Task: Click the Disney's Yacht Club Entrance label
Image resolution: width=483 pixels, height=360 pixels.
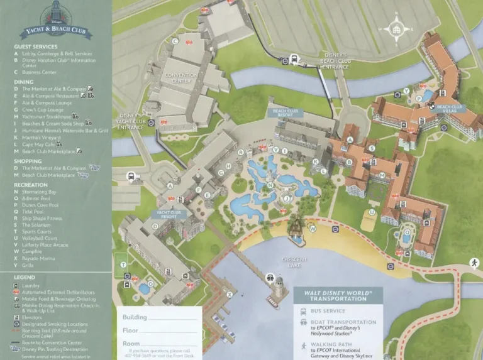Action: click(131, 121)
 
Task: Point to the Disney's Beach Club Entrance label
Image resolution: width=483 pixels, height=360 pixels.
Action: click(335, 61)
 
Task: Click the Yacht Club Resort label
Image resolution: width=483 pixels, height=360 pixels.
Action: click(168, 215)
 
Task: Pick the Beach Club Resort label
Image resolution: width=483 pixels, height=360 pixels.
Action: click(287, 113)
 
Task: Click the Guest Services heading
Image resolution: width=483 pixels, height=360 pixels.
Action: click(36, 46)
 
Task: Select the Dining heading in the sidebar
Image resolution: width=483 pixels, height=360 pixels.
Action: click(24, 82)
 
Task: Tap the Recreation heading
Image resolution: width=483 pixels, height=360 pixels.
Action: click(31, 185)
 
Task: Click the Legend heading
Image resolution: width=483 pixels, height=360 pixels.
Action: click(25, 277)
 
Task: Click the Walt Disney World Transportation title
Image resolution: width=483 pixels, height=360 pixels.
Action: click(338, 295)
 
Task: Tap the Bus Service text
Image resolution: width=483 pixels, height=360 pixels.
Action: click(328, 311)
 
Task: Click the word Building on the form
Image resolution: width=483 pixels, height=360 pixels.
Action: click(135, 317)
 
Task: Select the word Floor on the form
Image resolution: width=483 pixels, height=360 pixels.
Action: click(130, 330)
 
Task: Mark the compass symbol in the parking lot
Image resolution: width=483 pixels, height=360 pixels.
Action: click(396, 28)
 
